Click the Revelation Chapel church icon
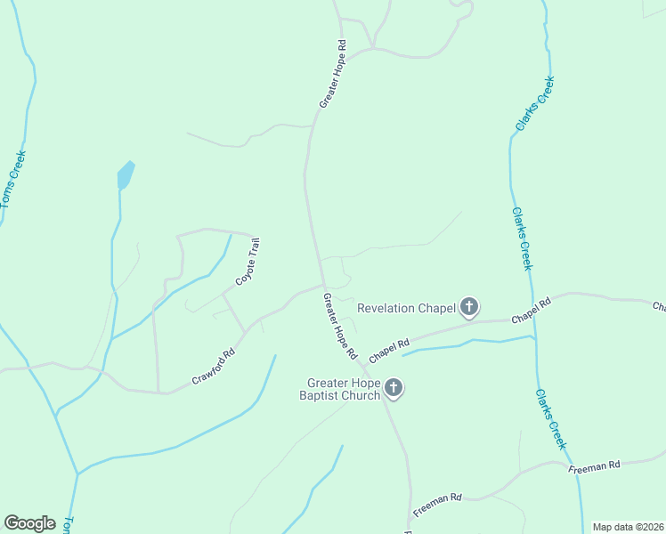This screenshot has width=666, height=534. [469, 308]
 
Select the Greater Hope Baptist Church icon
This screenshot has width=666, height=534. [394, 388]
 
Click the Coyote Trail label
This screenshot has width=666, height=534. [247, 262]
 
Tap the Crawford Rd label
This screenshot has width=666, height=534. [213, 367]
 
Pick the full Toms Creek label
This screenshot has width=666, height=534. [14, 179]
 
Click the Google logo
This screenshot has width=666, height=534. [29, 523]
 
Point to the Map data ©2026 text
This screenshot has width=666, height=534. [628, 527]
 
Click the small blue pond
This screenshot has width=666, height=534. [126, 175]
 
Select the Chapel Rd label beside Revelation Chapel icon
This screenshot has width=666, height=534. [532, 311]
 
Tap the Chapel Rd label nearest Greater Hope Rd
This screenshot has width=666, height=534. [389, 349]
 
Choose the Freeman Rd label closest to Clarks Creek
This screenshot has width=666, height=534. [595, 465]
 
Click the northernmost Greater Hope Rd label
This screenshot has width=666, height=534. [332, 74]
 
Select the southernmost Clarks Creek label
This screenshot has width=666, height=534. [551, 419]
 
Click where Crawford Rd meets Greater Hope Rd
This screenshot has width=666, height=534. [322, 285]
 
